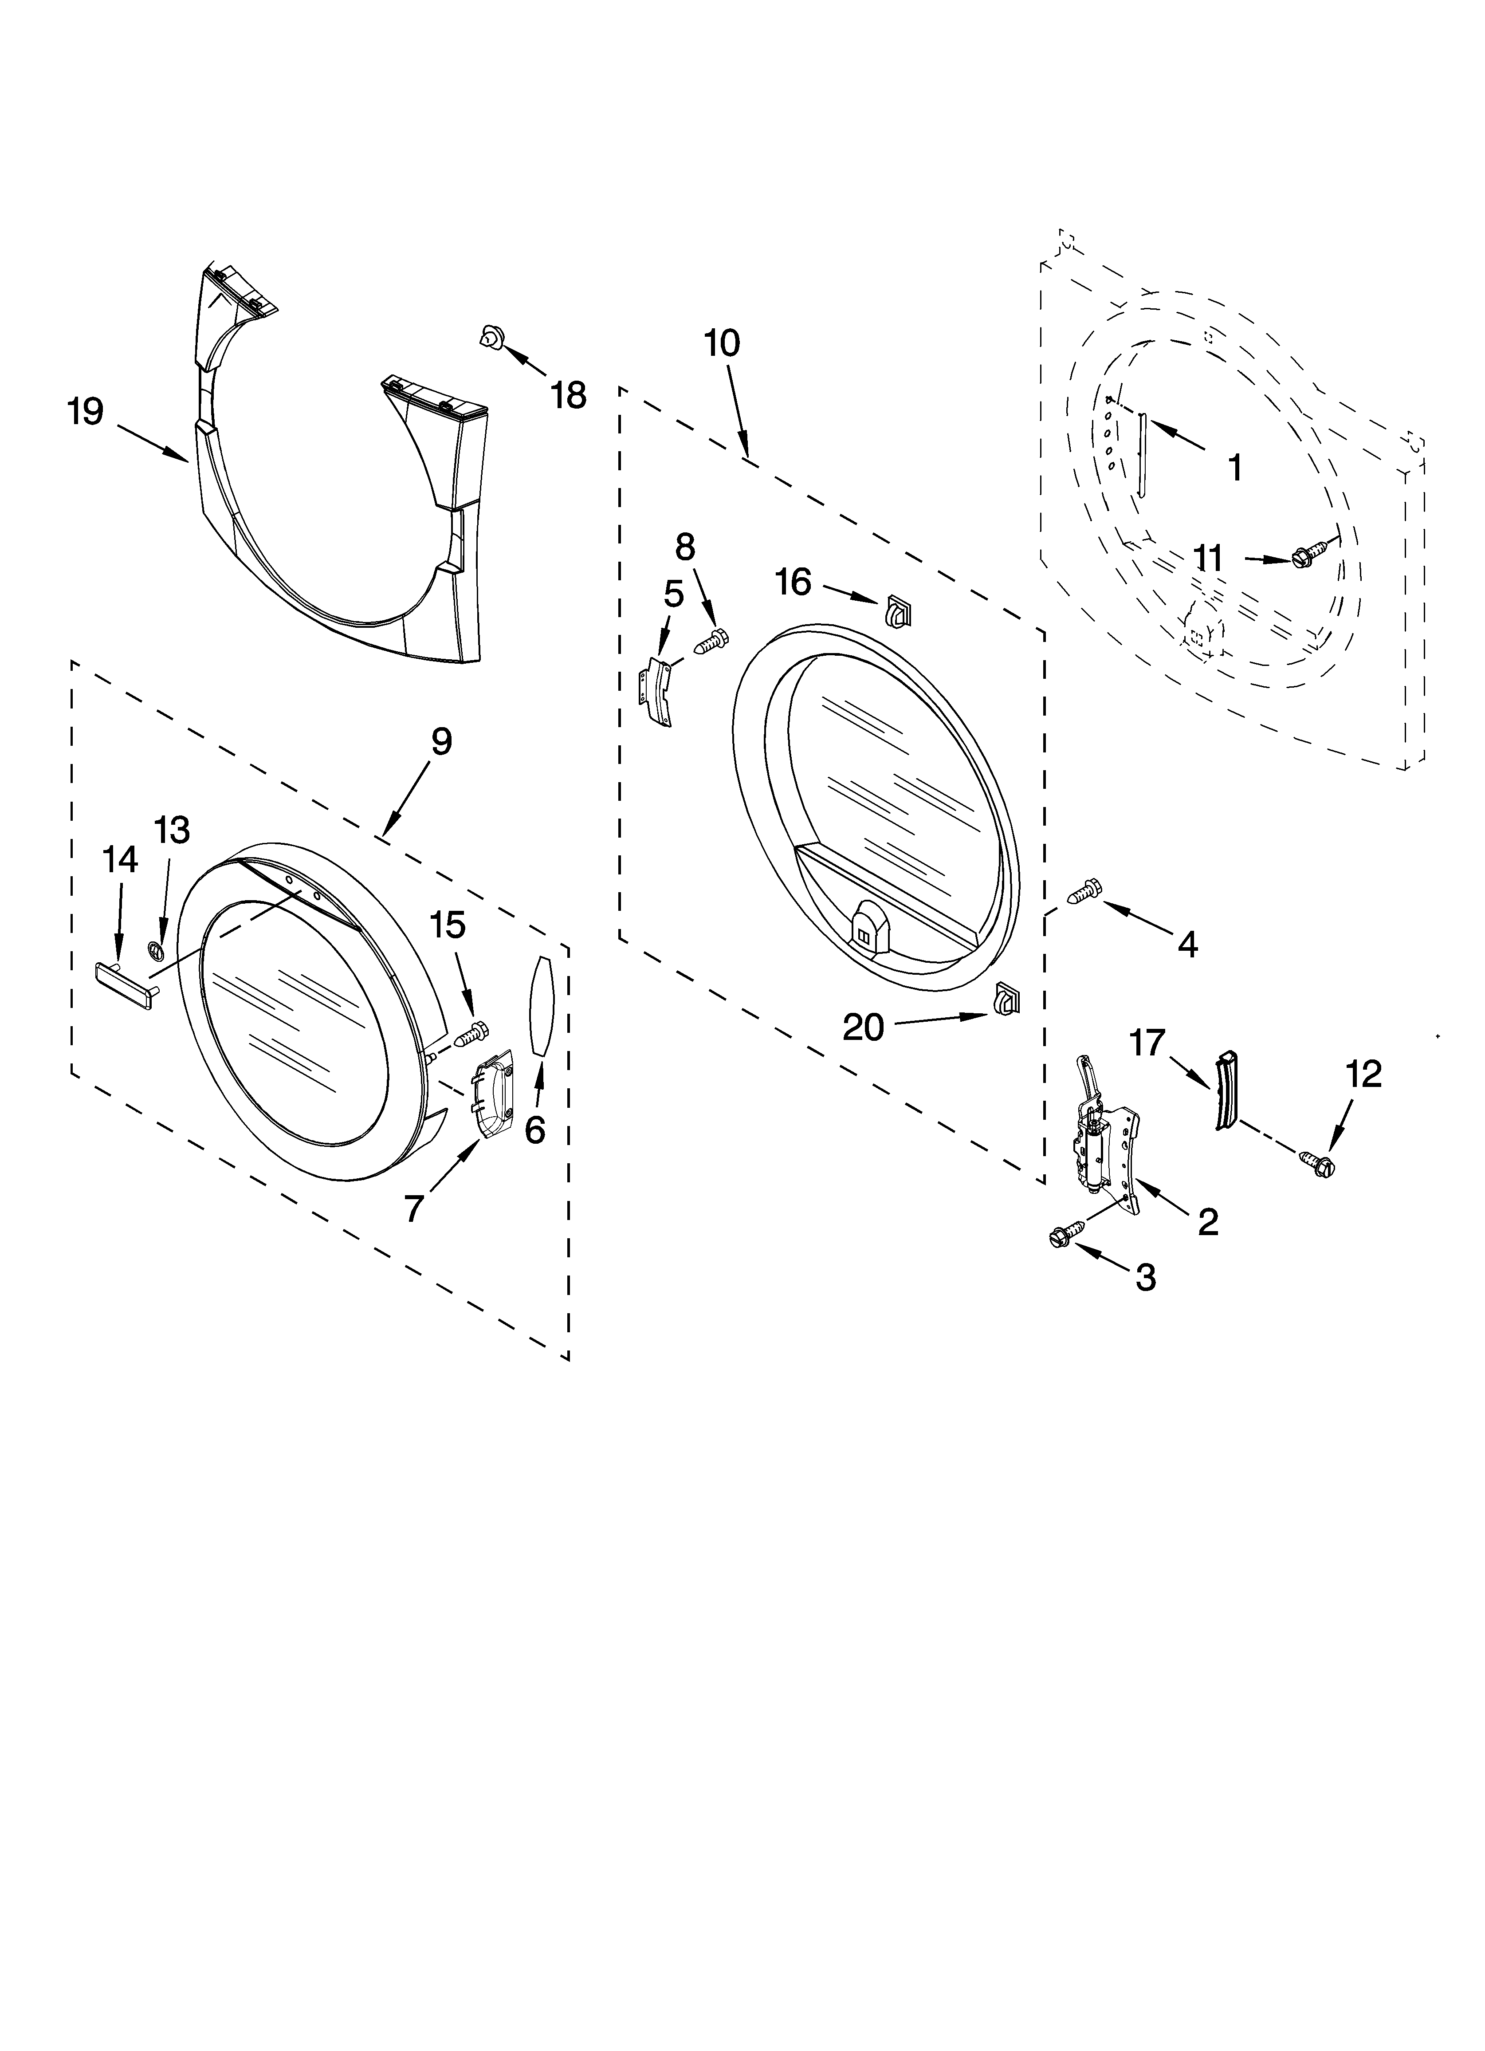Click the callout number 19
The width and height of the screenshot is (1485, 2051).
tap(86, 412)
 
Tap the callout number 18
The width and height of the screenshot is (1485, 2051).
tap(569, 395)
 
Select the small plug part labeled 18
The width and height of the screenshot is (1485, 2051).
tap(491, 337)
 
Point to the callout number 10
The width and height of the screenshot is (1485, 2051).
tap(722, 344)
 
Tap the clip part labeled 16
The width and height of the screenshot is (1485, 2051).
tap(896, 612)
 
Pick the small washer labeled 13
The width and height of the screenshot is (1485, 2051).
tap(155, 949)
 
